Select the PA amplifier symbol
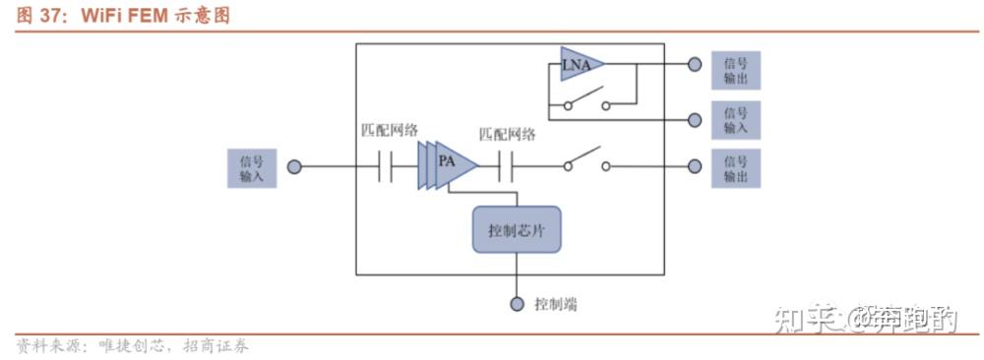point(448,165)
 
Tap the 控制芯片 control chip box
point(516,229)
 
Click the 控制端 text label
point(556,304)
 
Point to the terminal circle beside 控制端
point(517,304)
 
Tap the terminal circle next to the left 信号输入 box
point(294,167)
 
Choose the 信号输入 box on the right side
point(735,119)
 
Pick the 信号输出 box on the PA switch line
point(735,168)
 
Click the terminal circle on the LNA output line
point(695,65)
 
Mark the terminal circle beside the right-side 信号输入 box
point(695,119)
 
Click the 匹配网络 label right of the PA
point(507,134)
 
